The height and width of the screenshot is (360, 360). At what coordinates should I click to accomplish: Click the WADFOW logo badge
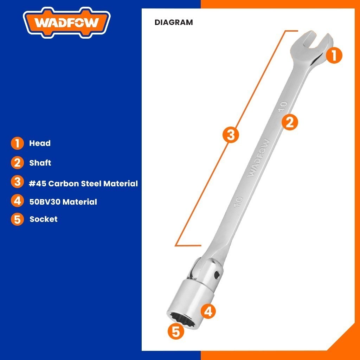67,24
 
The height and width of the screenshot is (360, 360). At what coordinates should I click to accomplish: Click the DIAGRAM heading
174,22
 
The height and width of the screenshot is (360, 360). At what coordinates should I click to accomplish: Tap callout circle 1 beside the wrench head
334,56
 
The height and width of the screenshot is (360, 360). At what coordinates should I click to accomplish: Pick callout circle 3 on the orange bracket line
231,135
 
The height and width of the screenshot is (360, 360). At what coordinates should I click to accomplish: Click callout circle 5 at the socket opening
176,331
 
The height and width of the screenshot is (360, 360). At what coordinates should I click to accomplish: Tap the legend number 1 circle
17,143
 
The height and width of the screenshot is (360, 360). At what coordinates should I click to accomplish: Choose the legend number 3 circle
17,182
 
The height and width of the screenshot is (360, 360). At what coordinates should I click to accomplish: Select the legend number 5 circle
17,219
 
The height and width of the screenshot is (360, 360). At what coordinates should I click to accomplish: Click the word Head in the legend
40,143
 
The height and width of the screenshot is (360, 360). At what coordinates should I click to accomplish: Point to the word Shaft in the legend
40,163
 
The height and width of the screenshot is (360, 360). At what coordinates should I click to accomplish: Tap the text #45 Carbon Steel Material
83,184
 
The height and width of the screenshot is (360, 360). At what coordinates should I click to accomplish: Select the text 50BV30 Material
63,202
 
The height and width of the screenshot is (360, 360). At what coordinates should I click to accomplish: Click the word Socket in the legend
44,219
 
